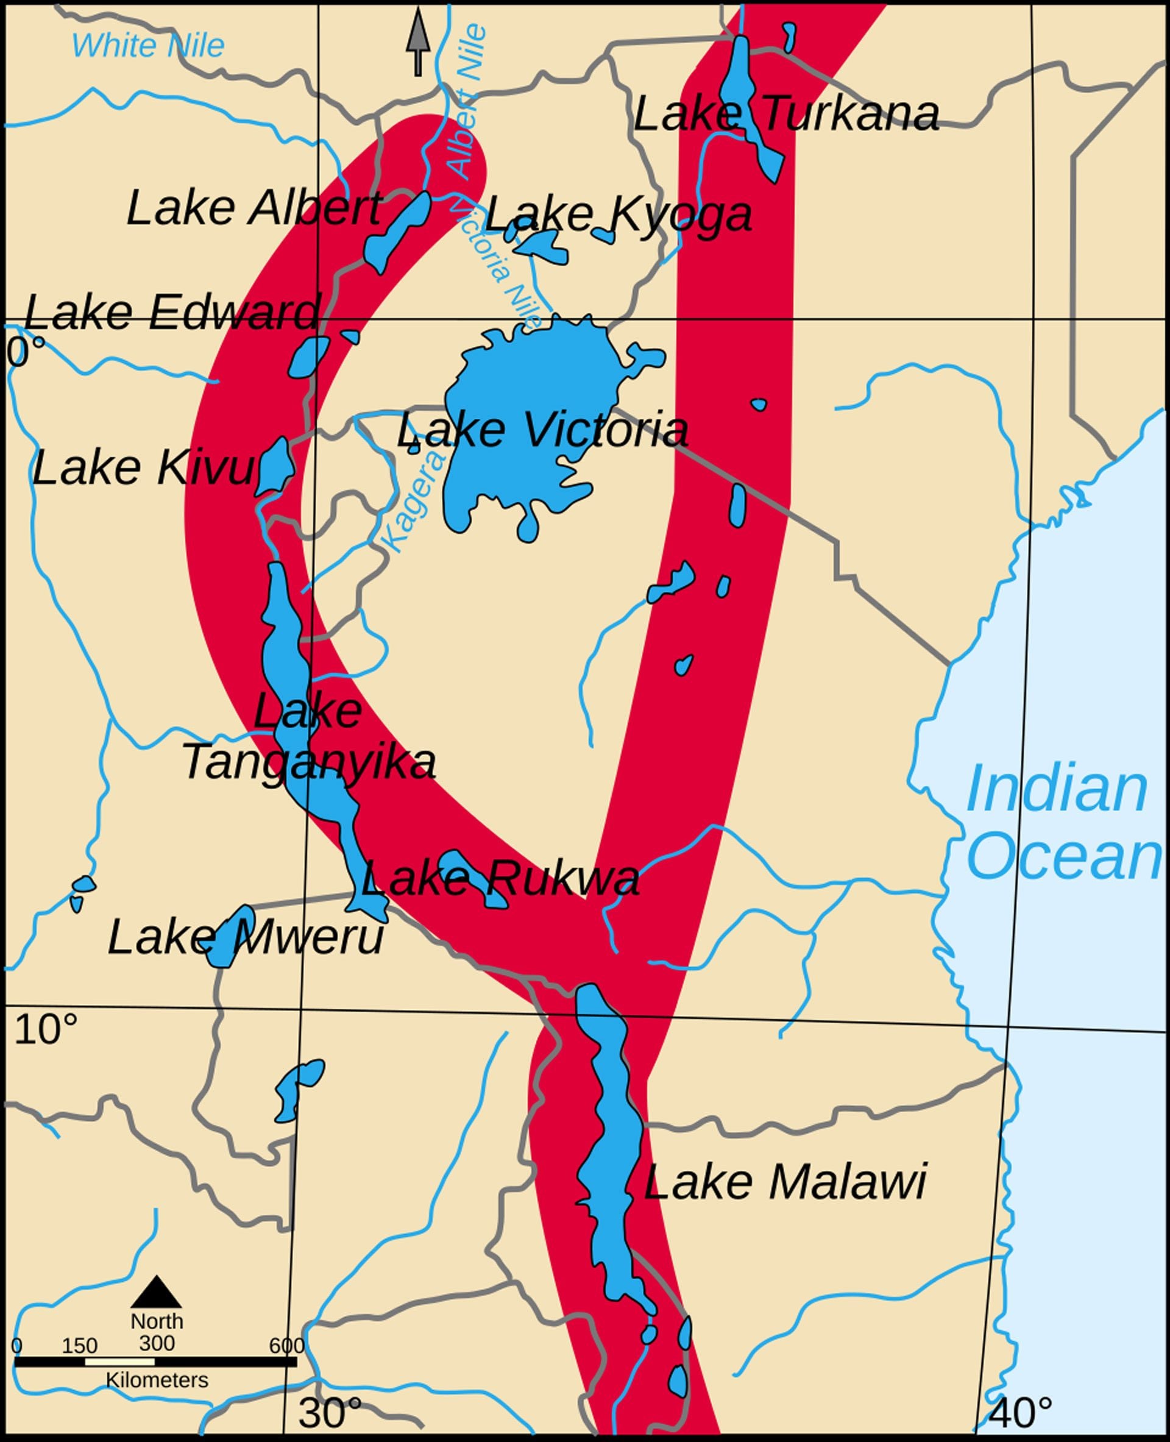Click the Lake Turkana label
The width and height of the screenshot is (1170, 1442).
click(x=786, y=115)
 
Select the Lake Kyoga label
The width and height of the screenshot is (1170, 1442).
click(x=618, y=215)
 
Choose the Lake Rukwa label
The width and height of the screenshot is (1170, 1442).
click(x=500, y=879)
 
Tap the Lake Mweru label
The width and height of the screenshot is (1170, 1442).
click(x=246, y=938)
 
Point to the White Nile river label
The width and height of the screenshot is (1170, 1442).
click(x=147, y=46)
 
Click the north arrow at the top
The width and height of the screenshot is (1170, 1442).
click(x=418, y=40)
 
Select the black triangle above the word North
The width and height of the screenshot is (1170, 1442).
click(x=157, y=1291)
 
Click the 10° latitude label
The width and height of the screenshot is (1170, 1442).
click(x=45, y=1030)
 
